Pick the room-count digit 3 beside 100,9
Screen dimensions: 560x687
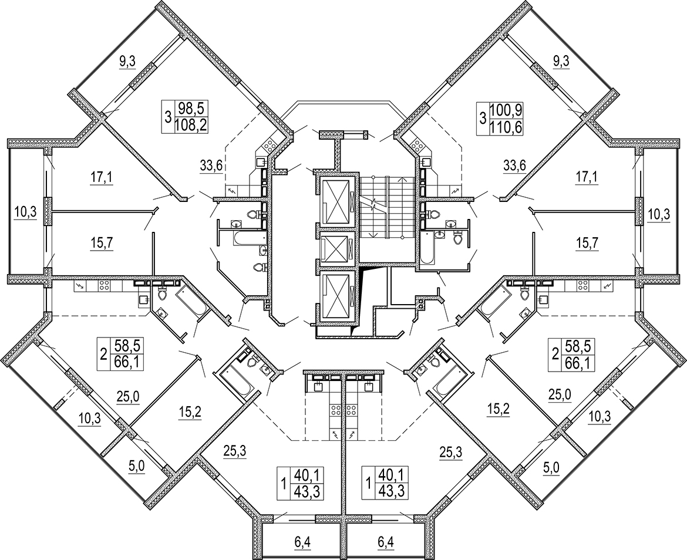(x=483, y=117)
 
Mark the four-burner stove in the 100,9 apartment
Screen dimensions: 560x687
(x=418, y=143)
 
